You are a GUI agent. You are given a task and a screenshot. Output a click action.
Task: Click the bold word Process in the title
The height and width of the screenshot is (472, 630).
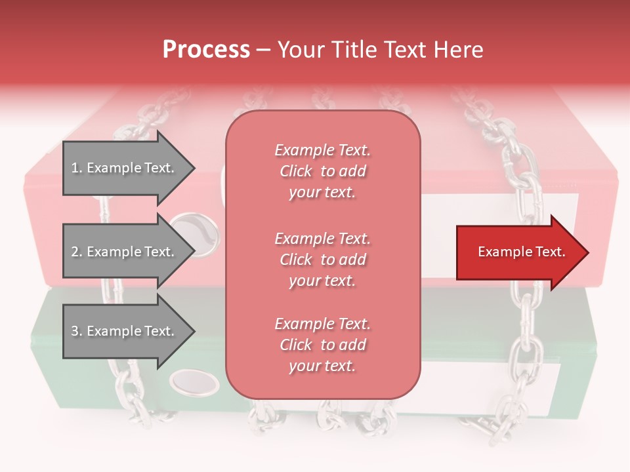pyautogui.click(x=206, y=50)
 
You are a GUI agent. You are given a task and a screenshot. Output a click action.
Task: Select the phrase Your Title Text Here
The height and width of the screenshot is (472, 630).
pyautogui.click(x=380, y=50)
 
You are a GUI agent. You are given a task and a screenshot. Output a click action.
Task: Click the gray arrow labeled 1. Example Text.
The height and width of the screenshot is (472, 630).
pyautogui.click(x=125, y=168)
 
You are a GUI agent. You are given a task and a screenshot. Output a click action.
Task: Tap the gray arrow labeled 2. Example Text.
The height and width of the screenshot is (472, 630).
pyautogui.click(x=125, y=252)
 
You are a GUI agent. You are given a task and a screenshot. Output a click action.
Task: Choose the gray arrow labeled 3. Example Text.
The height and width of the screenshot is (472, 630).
pyautogui.click(x=125, y=331)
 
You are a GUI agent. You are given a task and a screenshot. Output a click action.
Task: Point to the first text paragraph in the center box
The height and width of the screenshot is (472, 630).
pyautogui.click(x=322, y=171)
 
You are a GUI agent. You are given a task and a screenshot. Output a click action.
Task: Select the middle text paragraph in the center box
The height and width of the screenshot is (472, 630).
pyautogui.click(x=322, y=260)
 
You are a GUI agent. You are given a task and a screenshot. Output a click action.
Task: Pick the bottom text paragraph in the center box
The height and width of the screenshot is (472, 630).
pyautogui.click(x=322, y=345)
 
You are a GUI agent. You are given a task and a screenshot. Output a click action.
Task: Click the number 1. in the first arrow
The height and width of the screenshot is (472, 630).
pyautogui.click(x=76, y=168)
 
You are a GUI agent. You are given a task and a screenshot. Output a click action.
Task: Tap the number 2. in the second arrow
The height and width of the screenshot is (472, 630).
pyautogui.click(x=76, y=252)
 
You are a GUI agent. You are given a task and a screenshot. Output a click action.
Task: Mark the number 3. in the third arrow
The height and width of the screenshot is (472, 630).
pyautogui.click(x=76, y=331)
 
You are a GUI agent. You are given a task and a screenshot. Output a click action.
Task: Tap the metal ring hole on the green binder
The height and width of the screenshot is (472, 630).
pyautogui.click(x=195, y=382)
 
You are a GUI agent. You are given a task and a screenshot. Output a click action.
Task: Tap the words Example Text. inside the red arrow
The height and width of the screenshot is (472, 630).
pyautogui.click(x=521, y=252)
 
